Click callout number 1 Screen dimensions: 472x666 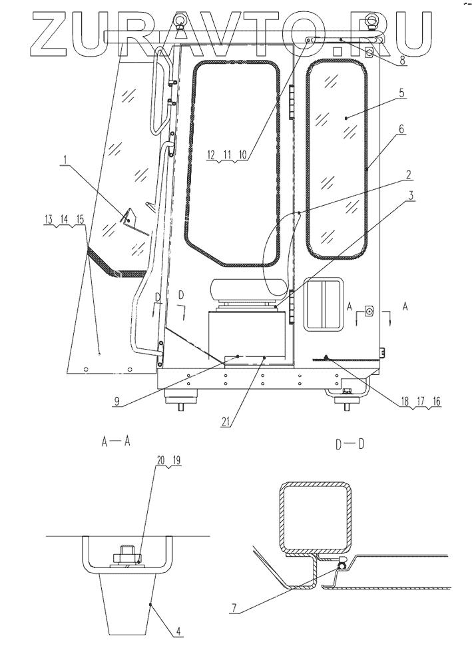65,160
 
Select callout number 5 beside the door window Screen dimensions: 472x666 402,93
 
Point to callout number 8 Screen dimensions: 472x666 402,61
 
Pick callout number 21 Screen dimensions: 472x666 226,422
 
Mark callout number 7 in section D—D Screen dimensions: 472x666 234,608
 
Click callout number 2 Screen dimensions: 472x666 408,174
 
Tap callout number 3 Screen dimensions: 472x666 411,196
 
